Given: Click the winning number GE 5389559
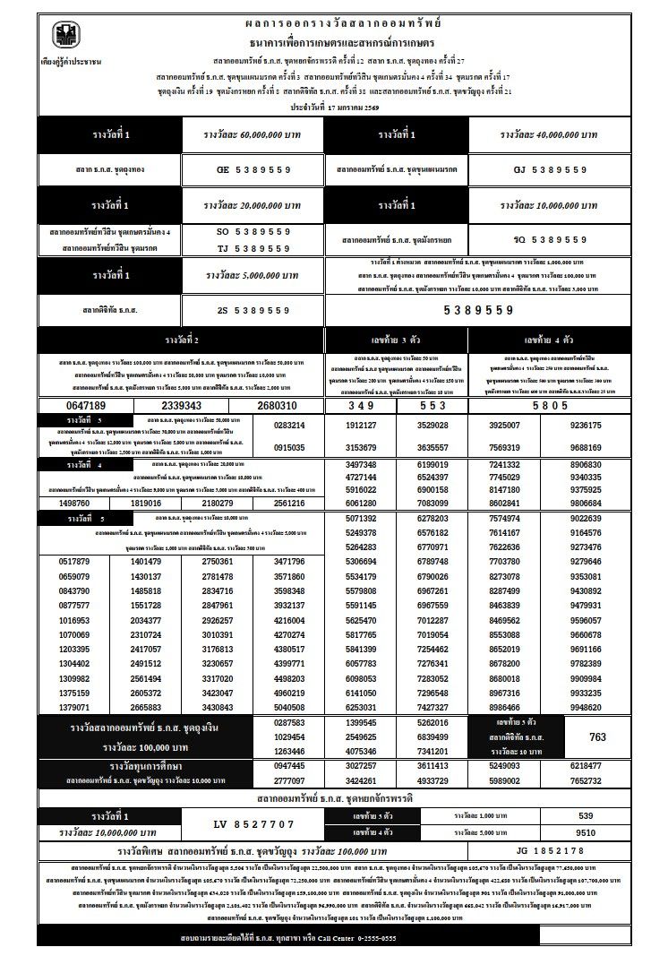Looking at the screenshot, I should click(x=253, y=168).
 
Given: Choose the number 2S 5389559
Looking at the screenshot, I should click(x=253, y=310).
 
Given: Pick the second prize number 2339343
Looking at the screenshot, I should click(x=181, y=406).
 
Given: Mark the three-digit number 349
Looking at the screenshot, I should click(x=361, y=406).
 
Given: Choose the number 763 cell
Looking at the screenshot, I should click(x=597, y=736).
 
